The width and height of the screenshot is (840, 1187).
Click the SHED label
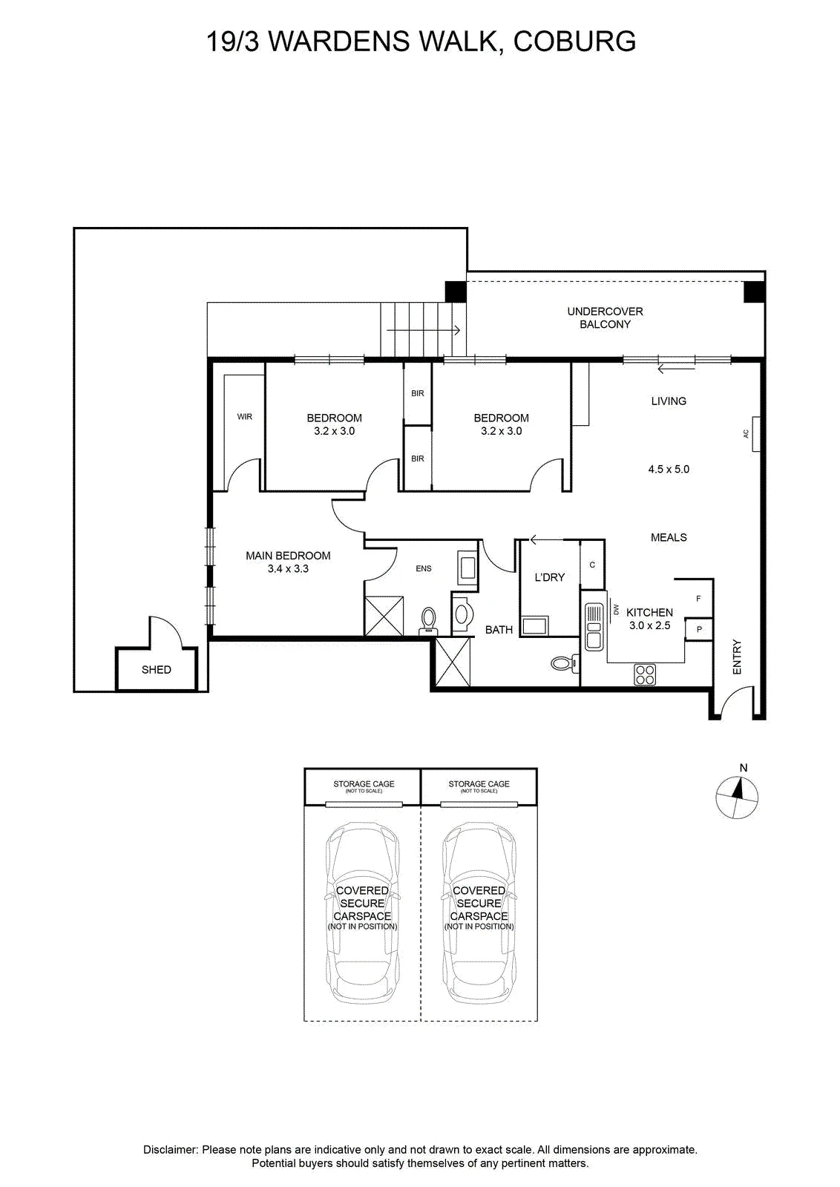[157, 670]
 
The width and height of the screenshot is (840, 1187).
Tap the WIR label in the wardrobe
[244, 416]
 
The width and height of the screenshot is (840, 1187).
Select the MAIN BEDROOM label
[288, 556]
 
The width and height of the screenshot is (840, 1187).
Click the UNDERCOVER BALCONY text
[605, 318]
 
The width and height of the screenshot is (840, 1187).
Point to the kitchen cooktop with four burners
[645, 674]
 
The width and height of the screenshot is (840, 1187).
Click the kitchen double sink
[593, 627]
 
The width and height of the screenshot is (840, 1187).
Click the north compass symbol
[737, 797]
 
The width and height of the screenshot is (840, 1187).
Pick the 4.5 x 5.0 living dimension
[669, 469]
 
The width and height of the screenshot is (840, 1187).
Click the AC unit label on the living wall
[746, 433]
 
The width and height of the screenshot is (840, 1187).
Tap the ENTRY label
[737, 657]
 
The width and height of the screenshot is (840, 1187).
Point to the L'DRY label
[550, 577]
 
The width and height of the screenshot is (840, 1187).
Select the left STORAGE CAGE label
[364, 783]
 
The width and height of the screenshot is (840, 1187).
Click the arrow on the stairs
[424, 331]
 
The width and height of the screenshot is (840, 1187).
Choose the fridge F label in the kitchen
[698, 599]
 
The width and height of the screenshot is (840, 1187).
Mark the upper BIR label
[418, 393]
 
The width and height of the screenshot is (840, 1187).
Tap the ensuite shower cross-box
[384, 616]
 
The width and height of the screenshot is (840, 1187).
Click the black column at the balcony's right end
[754, 292]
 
